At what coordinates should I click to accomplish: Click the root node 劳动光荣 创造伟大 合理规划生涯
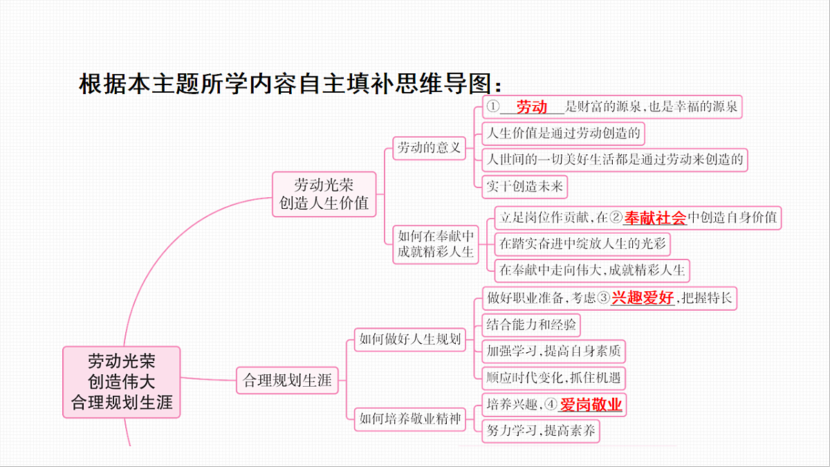[122, 382]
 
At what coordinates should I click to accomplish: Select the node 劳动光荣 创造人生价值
[324, 194]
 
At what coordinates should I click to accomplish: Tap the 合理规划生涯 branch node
[287, 381]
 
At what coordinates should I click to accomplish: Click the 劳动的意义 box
[429, 148]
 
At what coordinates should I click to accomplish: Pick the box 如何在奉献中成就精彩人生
[436, 244]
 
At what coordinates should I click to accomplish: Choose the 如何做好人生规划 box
[409, 339]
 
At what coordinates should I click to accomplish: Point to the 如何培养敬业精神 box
[409, 419]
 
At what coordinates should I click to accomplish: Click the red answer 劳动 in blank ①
[532, 107]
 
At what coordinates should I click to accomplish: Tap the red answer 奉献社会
[655, 218]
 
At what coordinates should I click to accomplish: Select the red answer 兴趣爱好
[643, 297]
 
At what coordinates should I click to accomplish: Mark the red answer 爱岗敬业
[591, 404]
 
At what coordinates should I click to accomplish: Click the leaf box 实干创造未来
[525, 187]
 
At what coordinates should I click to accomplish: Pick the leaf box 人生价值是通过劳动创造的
[563, 134]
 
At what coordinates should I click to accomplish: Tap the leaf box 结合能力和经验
[531, 325]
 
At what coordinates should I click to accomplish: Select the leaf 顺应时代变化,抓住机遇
[553, 378]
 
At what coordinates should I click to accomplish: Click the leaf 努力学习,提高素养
[541, 431]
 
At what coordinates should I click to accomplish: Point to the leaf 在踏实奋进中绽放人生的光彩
[582, 244]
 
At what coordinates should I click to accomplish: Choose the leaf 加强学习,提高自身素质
[553, 351]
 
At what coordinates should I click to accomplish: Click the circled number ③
[604, 297]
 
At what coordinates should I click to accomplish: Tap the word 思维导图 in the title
[443, 84]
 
